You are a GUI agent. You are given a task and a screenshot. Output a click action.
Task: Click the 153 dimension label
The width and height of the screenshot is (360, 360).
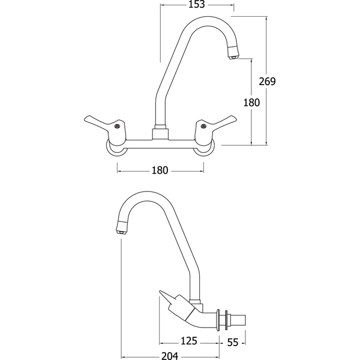(197, 4)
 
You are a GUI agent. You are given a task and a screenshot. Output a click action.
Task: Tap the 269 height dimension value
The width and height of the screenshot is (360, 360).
(267, 81)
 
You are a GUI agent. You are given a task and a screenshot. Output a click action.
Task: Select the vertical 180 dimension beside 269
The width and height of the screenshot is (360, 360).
(251, 103)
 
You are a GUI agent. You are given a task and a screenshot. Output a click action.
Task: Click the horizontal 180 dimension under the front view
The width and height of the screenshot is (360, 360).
(160, 170)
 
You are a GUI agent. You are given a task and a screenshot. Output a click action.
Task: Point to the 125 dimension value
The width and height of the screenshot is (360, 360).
(189, 341)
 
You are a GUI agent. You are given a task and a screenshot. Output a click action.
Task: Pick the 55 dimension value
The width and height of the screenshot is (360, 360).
(233, 343)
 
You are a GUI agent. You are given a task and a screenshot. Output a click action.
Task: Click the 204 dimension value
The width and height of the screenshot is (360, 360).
(170, 356)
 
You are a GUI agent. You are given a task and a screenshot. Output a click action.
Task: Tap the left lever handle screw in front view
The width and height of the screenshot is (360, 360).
(117, 126)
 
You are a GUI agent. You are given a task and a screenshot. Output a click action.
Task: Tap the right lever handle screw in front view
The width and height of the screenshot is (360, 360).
(203, 125)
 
